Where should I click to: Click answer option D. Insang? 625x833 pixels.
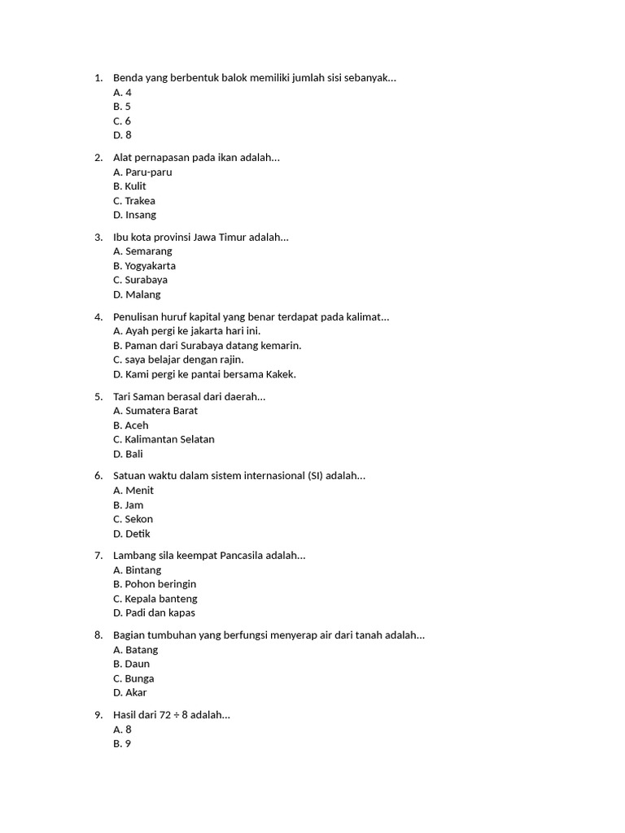[134, 215]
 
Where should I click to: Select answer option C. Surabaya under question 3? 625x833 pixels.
[140, 280]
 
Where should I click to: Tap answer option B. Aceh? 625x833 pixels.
[130, 425]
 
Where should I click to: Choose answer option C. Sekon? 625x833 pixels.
[133, 519]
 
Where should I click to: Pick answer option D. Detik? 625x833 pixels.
[132, 534]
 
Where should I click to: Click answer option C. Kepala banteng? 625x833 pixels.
[155, 599]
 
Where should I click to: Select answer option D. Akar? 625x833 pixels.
[130, 692]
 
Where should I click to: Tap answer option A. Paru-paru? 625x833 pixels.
[142, 172]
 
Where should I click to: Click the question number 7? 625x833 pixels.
[98, 556]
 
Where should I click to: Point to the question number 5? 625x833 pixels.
[98, 396]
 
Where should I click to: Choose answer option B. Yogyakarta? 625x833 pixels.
[144, 265]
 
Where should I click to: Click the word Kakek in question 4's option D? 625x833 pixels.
[281, 374]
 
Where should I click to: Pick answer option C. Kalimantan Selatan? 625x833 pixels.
[164, 439]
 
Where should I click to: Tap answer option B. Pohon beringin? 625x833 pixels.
[155, 584]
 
